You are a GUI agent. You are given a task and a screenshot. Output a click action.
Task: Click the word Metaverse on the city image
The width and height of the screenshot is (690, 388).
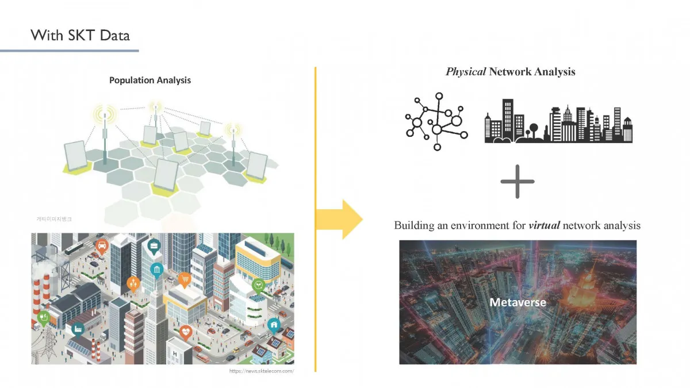(517, 302)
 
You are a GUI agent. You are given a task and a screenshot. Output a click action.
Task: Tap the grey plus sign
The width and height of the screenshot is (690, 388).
(517, 181)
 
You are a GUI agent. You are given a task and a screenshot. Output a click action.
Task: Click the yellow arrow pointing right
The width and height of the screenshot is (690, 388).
(343, 219)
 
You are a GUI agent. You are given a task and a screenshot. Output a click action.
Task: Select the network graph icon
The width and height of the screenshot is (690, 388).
(436, 121)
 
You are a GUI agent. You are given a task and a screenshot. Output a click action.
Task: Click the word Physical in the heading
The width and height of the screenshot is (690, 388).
(466, 72)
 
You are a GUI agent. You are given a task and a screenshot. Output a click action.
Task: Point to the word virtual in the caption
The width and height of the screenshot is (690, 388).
(544, 225)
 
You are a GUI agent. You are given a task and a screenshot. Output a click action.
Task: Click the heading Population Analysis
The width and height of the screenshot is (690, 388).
(150, 80)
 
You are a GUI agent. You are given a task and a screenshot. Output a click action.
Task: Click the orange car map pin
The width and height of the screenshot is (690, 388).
(102, 246)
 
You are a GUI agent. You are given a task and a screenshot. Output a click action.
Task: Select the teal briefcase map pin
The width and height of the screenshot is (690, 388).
(154, 247)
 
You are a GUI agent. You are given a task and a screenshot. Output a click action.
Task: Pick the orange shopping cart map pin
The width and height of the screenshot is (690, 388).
(185, 280)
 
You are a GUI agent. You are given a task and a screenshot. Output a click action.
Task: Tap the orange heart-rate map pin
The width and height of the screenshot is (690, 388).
(186, 332)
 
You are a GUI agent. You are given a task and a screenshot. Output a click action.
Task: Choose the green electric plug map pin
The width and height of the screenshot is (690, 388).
(43, 317)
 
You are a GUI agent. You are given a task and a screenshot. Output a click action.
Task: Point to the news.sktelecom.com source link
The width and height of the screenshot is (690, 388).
(262, 371)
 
